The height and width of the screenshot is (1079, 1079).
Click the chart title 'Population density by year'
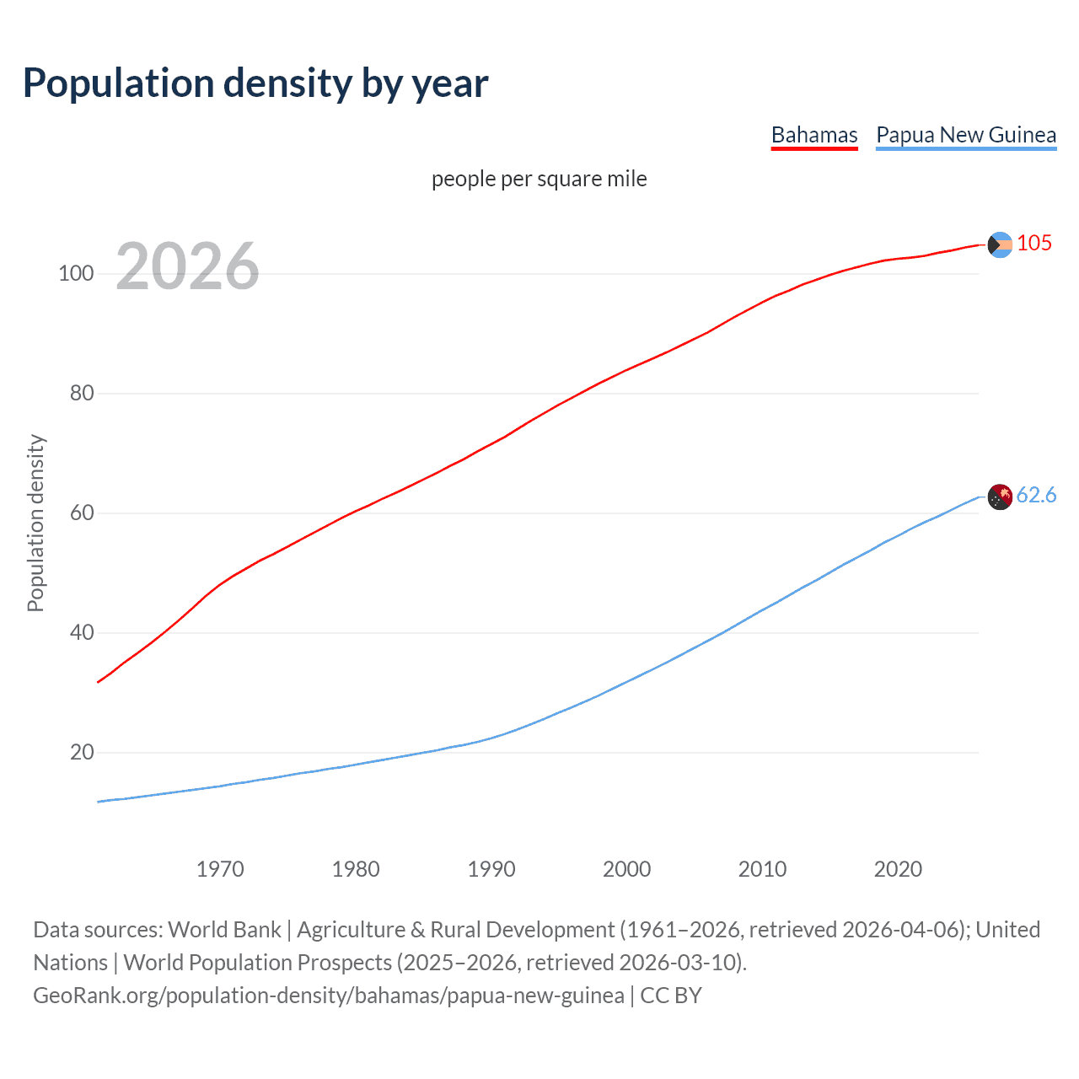coord(255,83)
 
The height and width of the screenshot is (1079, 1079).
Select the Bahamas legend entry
coord(814,136)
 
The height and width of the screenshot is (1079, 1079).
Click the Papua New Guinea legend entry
coord(966,136)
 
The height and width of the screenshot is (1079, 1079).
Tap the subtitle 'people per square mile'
coord(539,180)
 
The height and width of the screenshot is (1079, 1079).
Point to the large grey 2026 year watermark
coord(187,266)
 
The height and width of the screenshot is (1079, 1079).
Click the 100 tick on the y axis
coord(76,274)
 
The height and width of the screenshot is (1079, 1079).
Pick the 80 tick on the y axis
coord(82,394)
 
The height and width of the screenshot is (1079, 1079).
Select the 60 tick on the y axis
coord(82,513)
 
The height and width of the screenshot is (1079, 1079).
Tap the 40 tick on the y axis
coord(82,633)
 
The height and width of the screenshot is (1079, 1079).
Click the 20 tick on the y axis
coord(82,753)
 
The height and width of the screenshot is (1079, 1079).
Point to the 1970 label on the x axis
coord(220,869)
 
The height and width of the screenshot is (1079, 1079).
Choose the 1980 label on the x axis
coord(356,869)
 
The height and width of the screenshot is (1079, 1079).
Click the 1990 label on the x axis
coord(491,869)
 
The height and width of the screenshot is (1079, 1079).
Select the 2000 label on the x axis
coord(627,869)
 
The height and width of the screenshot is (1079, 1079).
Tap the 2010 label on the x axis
coord(763,869)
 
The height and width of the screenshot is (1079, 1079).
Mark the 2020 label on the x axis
coord(899,869)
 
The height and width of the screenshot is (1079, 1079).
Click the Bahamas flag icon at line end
coord(1000,244)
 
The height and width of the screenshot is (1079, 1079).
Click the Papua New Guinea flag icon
coord(1000,497)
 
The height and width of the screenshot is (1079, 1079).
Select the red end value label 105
coord(1034,244)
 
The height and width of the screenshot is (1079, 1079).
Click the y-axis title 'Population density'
coord(35,523)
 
